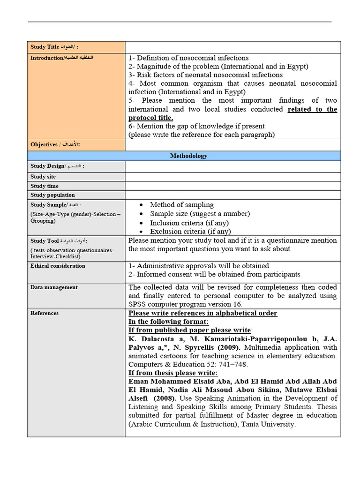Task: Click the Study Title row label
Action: click(54, 47)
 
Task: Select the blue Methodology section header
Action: click(188, 156)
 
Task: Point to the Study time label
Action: click(45, 186)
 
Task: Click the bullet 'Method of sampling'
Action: click(181, 205)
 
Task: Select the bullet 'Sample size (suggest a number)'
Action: click(200, 214)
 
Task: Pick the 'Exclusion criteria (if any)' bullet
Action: click(190, 232)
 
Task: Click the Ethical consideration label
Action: click(58, 266)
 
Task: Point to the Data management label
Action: click(54, 287)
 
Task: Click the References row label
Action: click(45, 313)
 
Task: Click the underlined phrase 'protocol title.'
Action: click(150, 118)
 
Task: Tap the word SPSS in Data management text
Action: click(138, 305)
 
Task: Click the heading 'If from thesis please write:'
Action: click(173, 373)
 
